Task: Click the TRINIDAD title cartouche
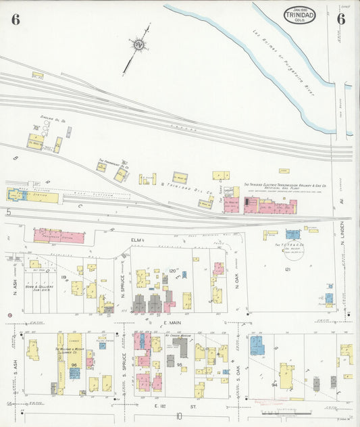(298, 15)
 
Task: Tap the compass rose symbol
(140, 45)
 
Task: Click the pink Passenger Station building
(58, 236)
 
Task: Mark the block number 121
(287, 270)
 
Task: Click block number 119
(64, 277)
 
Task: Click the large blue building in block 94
(258, 345)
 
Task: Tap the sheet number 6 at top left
(15, 19)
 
